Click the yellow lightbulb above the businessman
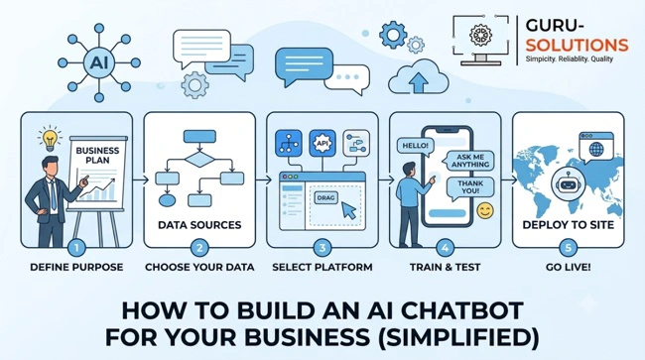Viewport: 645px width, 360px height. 50,140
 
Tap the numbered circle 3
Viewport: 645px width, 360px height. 322,248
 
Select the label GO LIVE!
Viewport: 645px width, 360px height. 568,267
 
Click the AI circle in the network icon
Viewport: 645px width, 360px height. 98,62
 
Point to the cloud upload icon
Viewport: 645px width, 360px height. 419,77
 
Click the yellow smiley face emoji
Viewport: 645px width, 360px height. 485,210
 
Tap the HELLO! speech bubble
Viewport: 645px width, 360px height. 416,147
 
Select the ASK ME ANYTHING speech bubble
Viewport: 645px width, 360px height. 470,161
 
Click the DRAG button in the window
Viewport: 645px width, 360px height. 326,197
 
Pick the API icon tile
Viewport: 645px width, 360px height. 322,143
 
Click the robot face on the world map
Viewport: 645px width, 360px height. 568,183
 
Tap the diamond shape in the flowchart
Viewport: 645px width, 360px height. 199,159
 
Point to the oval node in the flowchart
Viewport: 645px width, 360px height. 167,200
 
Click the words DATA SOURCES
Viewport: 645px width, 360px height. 199,225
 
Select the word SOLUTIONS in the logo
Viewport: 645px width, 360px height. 577,45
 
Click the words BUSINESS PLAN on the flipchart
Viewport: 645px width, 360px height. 97,155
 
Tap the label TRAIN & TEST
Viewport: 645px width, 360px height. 446,267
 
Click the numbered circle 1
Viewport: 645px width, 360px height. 76,248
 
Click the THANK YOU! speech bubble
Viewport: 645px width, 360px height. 470,187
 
